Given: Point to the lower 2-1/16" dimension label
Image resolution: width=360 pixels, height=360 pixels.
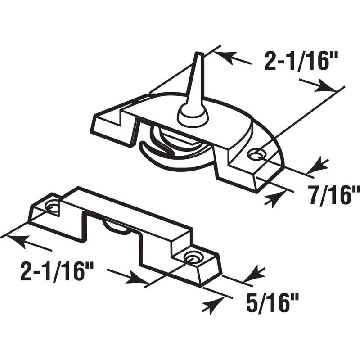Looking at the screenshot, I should pos(57,272).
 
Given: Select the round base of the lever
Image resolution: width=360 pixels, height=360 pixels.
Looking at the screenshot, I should pos(193,116).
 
